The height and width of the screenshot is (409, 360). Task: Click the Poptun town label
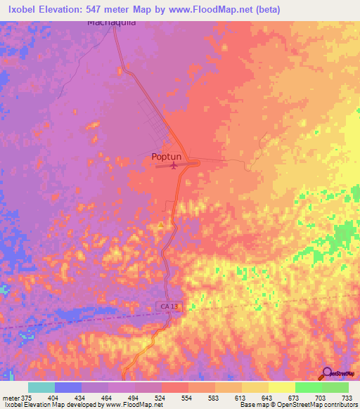[x=169, y=157]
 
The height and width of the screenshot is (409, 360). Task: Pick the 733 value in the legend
[x=347, y=396]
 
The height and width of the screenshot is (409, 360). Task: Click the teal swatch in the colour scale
[x=41, y=387]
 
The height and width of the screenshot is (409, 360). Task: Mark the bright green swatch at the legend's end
[x=335, y=387]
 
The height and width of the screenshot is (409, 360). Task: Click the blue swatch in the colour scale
[x=67, y=387]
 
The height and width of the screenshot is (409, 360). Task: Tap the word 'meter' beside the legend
[x=8, y=396]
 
